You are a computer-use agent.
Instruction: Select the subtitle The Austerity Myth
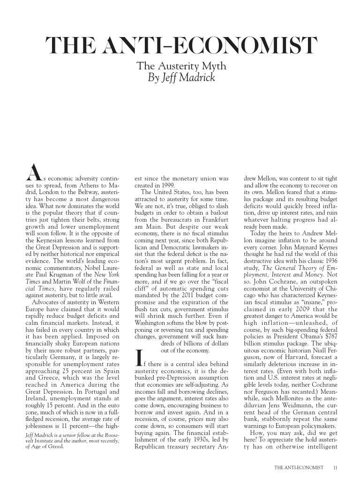pos(181,67)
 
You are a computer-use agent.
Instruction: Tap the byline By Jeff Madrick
pos(181,78)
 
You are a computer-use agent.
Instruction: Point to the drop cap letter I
pos(139,358)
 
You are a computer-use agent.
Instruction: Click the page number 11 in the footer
pos(335,467)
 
